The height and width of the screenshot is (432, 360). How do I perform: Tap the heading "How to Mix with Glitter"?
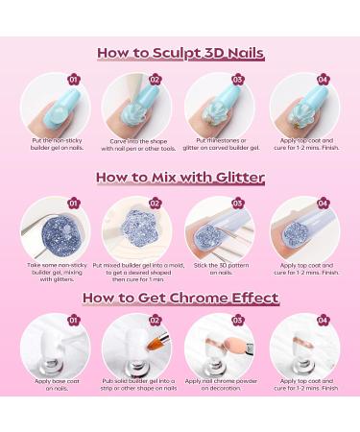[180, 177]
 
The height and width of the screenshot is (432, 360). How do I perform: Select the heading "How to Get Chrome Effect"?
[180, 298]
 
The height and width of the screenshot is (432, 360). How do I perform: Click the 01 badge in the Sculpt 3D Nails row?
[73, 79]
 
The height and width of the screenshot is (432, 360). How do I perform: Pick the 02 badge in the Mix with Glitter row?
[155, 203]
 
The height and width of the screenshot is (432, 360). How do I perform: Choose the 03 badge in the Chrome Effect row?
[237, 320]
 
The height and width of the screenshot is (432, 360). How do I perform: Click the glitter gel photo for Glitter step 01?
[55, 228]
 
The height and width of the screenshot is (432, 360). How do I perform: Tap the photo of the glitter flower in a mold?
[138, 228]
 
